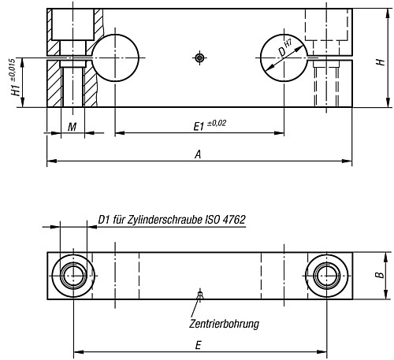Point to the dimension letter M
pos(72,126)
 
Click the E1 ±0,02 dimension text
pos(206,125)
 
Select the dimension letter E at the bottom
pos(199,344)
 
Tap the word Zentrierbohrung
pos(224,323)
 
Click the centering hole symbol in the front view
pos(200,58)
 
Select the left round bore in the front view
pos(115,58)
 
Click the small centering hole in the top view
pos(200,295)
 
